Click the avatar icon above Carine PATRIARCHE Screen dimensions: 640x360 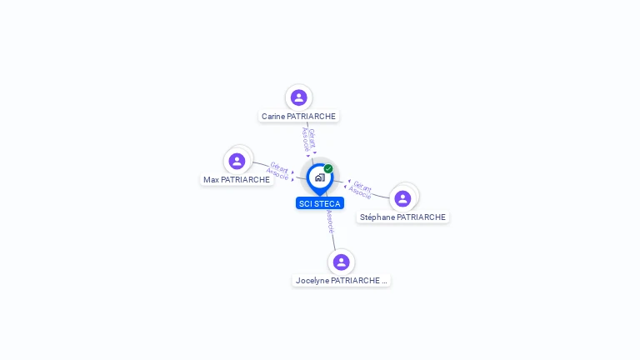(x=299, y=97)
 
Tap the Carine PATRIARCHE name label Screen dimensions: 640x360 (x=298, y=117)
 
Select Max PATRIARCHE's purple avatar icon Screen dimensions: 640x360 (x=237, y=161)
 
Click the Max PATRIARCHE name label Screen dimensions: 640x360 (x=237, y=180)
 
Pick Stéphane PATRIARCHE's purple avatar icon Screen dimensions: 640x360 (x=402, y=199)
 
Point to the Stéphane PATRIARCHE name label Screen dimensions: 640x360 (x=402, y=217)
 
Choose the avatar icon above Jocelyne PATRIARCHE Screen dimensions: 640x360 (x=341, y=262)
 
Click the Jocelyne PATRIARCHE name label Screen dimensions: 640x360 (x=341, y=280)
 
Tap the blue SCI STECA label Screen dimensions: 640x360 (x=320, y=203)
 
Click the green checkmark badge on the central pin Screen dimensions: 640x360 (x=328, y=168)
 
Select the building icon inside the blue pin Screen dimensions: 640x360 (x=320, y=177)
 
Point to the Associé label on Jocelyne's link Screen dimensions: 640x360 (x=330, y=222)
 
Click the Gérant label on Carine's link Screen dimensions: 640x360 (x=312, y=139)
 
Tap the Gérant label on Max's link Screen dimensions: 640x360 (x=280, y=167)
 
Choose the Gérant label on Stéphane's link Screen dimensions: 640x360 (x=362, y=186)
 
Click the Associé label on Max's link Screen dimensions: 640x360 (x=277, y=173)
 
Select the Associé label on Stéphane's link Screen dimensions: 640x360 (x=360, y=192)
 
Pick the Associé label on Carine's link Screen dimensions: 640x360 (x=306, y=140)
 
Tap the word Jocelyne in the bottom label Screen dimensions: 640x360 (x=312, y=281)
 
